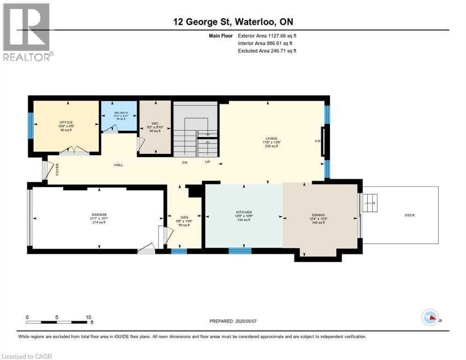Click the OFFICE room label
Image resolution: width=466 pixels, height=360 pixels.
coord(66,122)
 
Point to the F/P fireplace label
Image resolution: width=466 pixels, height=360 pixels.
coord(317,141)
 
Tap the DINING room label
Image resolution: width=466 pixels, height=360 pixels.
coord(317,215)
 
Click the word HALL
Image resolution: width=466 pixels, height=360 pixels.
coord(118,165)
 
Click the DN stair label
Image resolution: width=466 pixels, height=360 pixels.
coord(185,162)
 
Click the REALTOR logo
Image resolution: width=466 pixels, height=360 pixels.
coord(27,32)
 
